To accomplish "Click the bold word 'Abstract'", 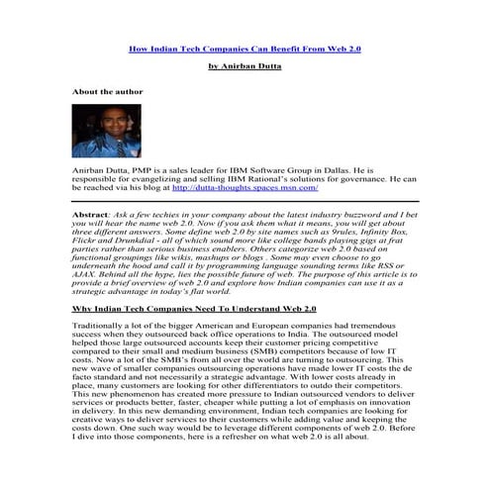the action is pos(93,214).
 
